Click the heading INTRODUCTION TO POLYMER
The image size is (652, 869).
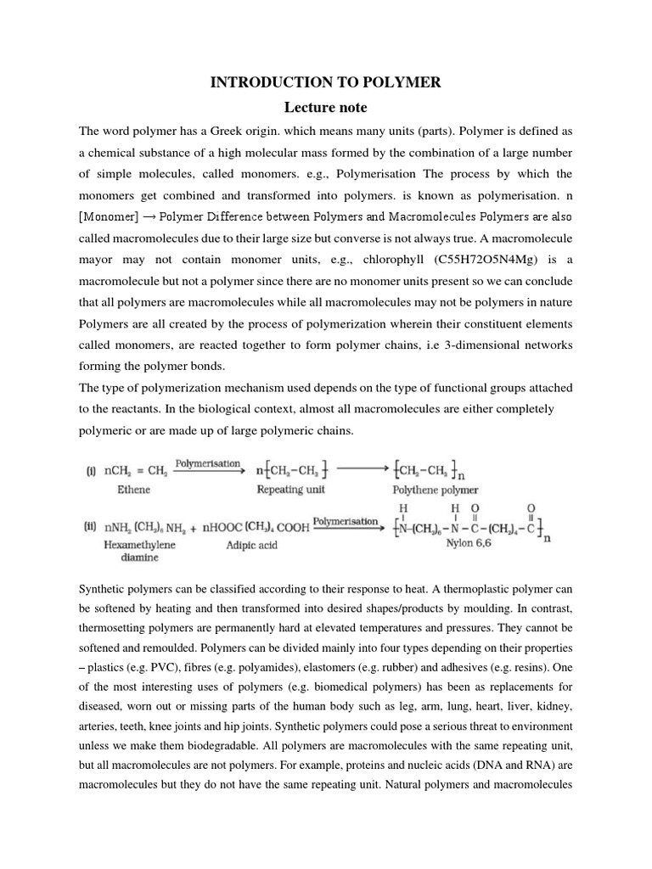[326, 82]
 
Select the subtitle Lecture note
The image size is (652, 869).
[326, 108]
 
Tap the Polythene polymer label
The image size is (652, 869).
[435, 490]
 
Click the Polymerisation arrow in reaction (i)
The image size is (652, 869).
[204, 465]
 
